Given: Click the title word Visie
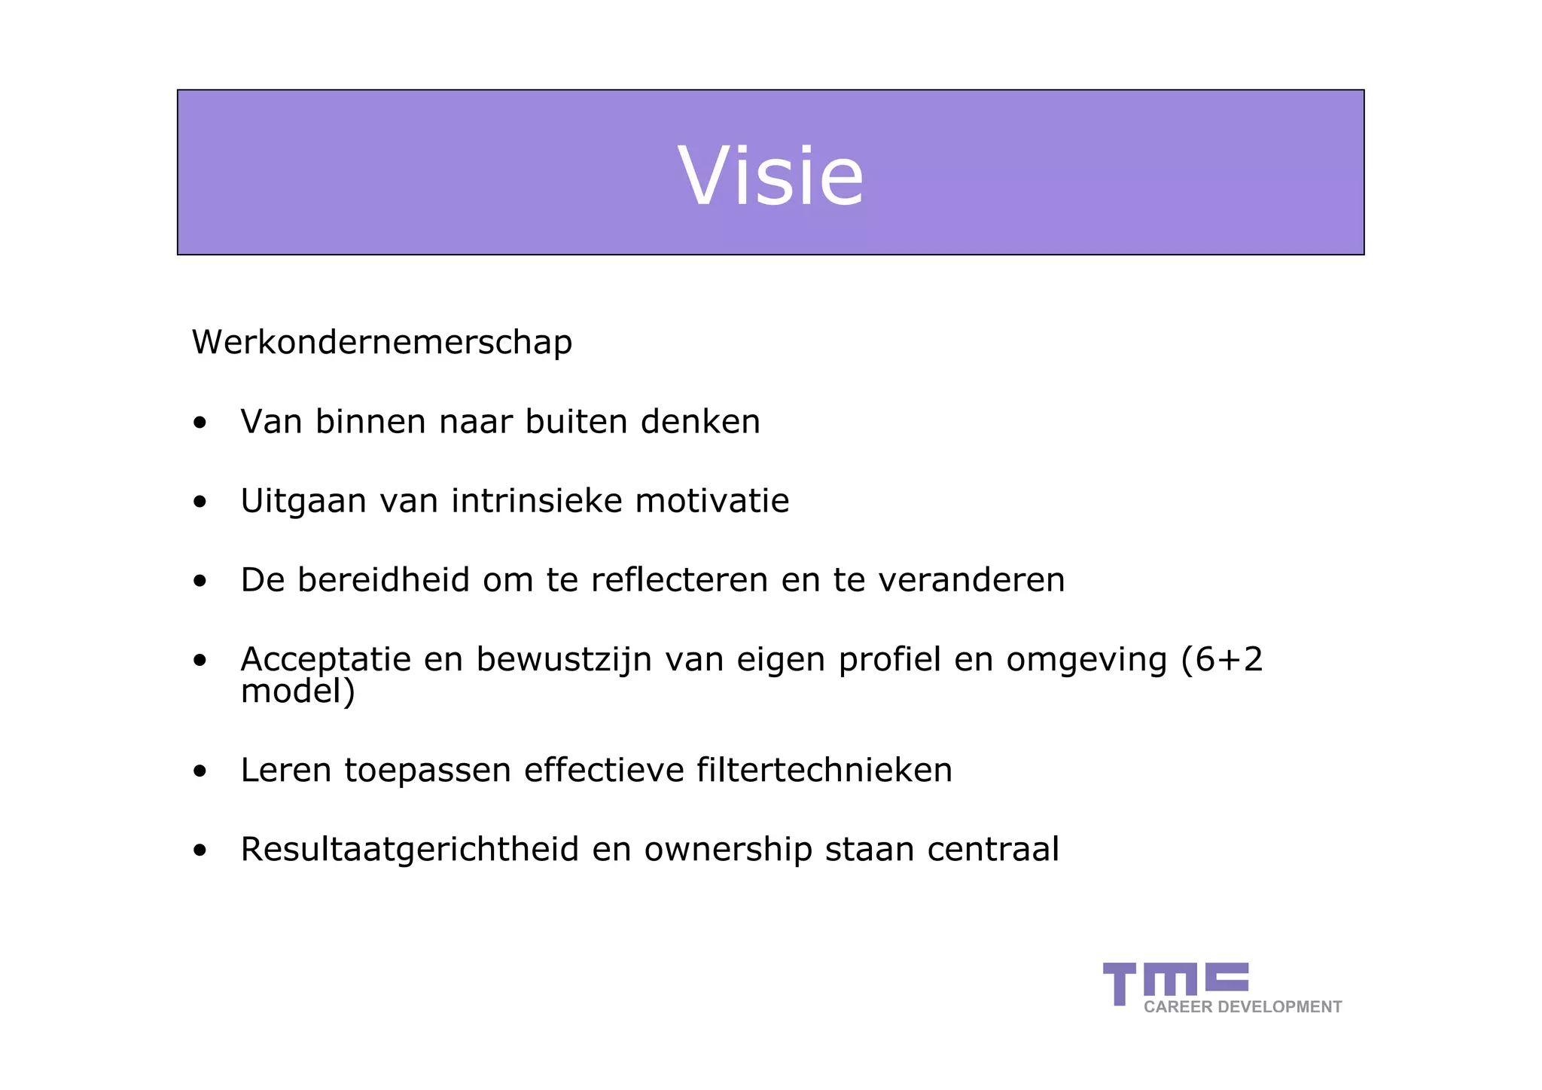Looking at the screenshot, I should point(771,176).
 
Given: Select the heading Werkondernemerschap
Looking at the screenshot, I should point(382,343).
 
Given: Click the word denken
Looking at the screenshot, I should point(700,422).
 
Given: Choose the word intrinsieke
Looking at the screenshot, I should point(536,502).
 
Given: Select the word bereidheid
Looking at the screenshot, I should point(383,581).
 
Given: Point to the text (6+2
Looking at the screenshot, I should point(1221,660).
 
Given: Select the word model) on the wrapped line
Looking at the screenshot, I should point(297,692).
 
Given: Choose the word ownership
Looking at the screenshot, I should point(728,850).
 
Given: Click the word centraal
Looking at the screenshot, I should point(992,850).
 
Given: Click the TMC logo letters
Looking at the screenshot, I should point(1175,980).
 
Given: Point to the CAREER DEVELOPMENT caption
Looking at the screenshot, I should point(1242,1007).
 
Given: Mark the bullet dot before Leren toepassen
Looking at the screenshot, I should point(200,771).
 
